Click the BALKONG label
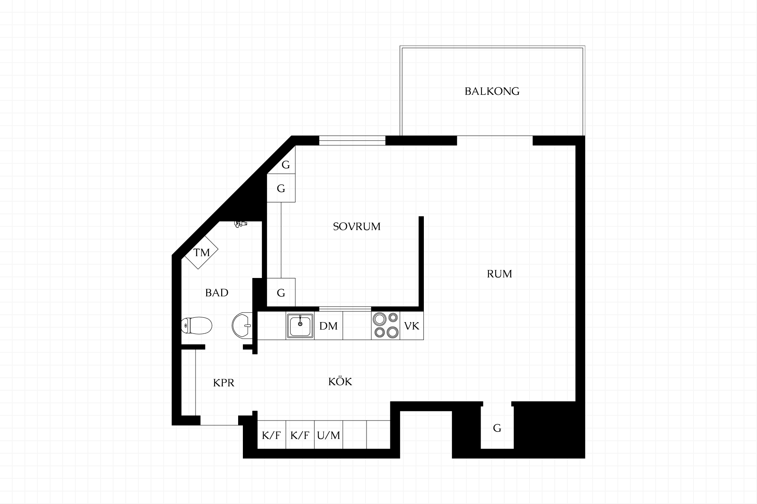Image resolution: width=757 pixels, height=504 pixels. pos(492,91)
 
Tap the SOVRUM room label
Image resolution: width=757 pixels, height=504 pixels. pos(357,227)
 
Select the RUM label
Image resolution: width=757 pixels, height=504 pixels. pos(500,274)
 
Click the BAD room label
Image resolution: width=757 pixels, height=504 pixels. pos(217,293)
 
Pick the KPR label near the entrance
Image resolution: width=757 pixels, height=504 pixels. pos(224,383)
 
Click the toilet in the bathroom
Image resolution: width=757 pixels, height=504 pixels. pos(197,326)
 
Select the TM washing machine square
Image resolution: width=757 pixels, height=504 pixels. pos(201,252)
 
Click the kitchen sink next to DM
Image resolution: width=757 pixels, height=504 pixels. pos(300,326)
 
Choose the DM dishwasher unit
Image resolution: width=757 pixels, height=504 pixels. pos(328,326)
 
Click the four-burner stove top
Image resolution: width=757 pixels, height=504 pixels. pos(386,326)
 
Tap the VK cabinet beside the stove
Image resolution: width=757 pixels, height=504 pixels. pos(412,326)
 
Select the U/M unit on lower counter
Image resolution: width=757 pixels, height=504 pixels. pos(328,435)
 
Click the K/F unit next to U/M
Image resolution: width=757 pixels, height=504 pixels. pos(300,435)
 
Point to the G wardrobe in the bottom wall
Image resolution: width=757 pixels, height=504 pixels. pos(497,428)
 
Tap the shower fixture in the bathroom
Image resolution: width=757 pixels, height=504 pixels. pos(240,224)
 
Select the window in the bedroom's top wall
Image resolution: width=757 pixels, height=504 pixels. pos(352,141)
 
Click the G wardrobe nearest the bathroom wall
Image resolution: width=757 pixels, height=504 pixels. pos(281,292)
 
